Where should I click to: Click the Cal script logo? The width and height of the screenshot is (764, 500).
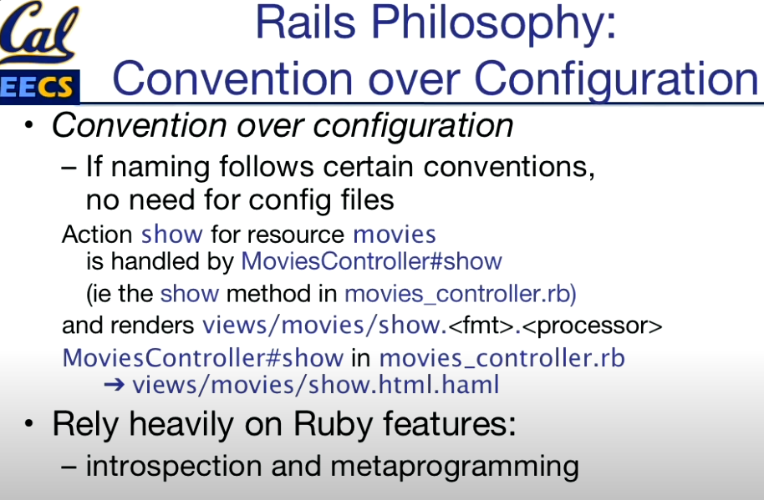(x=39, y=32)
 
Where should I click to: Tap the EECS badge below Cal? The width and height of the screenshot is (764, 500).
(x=39, y=87)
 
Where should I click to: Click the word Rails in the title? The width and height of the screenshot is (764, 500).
(x=305, y=23)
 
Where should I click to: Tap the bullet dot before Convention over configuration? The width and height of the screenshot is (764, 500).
(x=28, y=125)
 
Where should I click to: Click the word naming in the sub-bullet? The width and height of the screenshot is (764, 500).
(x=160, y=169)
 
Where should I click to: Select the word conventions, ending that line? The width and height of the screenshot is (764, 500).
(x=509, y=168)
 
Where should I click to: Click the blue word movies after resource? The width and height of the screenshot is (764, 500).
(x=395, y=235)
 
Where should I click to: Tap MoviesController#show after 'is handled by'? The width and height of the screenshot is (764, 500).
(x=371, y=261)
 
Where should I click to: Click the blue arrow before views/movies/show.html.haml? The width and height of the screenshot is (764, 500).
(x=115, y=385)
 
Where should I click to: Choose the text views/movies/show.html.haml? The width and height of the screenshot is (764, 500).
(x=316, y=385)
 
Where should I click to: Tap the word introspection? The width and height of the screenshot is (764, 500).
(x=174, y=467)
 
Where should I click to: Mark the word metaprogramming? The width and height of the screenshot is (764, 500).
(x=455, y=467)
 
